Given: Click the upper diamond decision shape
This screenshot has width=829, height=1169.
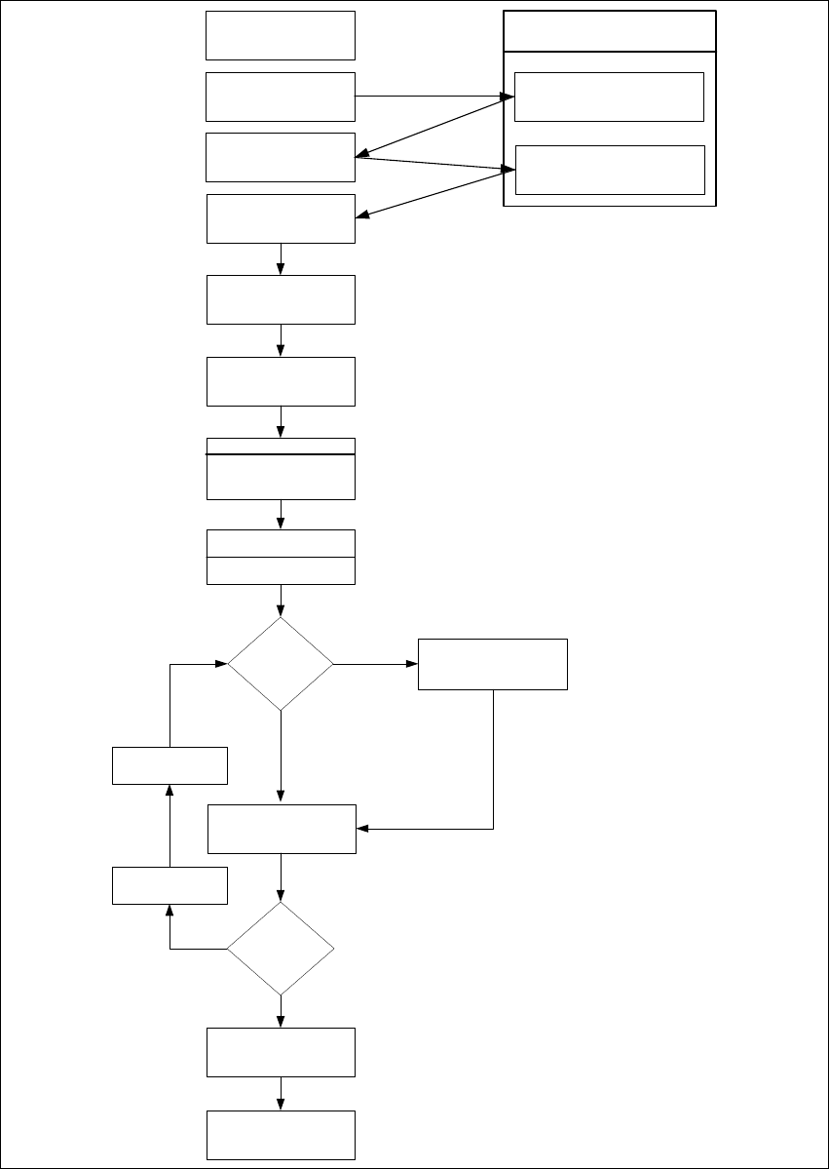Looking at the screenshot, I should coord(281,664).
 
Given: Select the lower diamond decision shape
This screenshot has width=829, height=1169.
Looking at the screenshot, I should coord(281,948).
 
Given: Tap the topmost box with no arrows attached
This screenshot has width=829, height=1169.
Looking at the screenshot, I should coord(281,36).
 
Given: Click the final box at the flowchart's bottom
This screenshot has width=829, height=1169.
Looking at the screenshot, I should coord(281,1134).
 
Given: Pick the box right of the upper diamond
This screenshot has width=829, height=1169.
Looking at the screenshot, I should coord(492,664).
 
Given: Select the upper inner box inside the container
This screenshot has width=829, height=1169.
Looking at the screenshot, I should coord(609,97).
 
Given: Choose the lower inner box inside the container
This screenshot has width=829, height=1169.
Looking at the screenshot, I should coord(609,170).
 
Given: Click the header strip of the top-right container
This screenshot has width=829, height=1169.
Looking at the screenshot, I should coord(609,30).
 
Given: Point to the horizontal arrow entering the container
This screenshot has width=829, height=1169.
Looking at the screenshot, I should coord(429,97).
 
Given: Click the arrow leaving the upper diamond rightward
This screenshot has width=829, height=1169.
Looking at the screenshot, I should coord(375,664).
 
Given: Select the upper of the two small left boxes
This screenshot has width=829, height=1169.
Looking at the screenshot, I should coord(170,765).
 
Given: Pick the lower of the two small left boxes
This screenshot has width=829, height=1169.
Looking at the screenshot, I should coord(170,885).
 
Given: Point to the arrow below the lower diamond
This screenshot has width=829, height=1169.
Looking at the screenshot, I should coord(281,1010).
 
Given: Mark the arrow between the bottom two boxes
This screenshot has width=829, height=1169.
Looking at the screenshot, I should coord(281,1093).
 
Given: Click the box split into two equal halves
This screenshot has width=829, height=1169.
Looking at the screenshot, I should coord(281,557).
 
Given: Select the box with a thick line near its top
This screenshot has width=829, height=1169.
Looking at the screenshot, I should coord(281,469).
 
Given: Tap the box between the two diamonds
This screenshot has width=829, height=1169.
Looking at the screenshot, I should coord(281,829).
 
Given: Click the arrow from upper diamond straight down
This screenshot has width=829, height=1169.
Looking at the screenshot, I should coord(281,756).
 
